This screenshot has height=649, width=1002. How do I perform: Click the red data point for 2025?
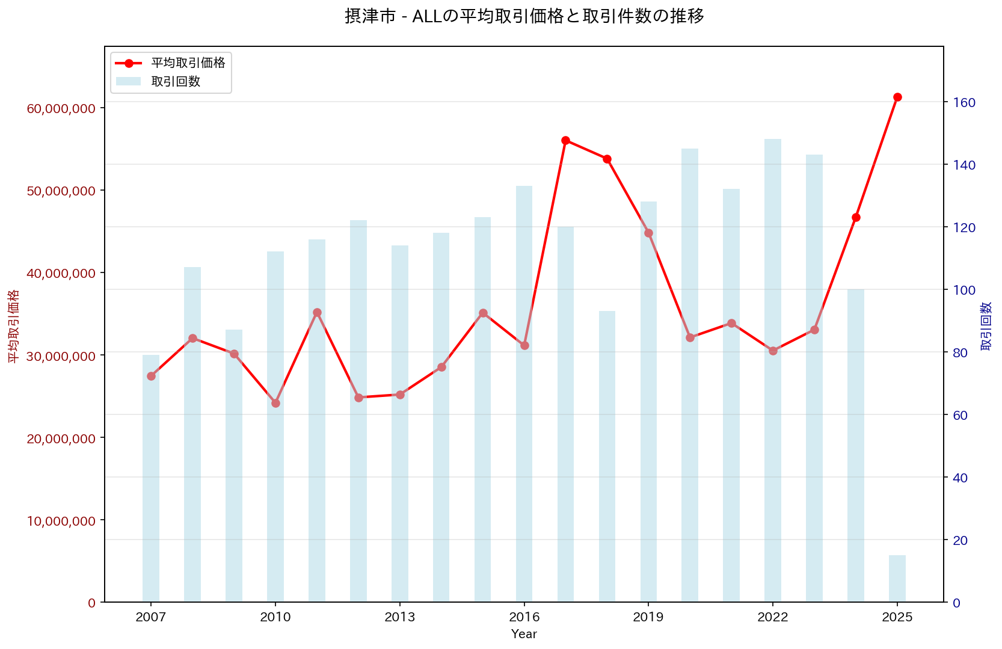coord(897,97)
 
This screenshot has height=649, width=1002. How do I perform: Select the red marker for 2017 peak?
coord(565,140)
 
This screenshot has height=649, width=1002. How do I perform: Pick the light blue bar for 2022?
coord(773,421)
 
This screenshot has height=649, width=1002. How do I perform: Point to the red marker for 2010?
coord(275,403)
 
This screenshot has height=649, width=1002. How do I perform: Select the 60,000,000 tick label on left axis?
coord(61,108)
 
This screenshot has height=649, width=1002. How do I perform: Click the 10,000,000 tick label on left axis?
coord(61,521)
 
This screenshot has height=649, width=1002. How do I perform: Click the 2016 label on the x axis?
coord(524,618)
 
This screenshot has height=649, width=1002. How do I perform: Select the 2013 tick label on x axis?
coord(400,618)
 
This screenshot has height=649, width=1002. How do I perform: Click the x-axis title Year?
coord(524,634)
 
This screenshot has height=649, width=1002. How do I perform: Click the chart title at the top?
coord(524,16)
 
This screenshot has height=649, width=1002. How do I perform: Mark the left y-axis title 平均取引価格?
coord(13,326)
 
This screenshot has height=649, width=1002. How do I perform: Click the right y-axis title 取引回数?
coord(986,326)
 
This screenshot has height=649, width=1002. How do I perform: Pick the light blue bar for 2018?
coord(607,457)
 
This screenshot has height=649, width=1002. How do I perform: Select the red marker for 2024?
coord(856,217)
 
